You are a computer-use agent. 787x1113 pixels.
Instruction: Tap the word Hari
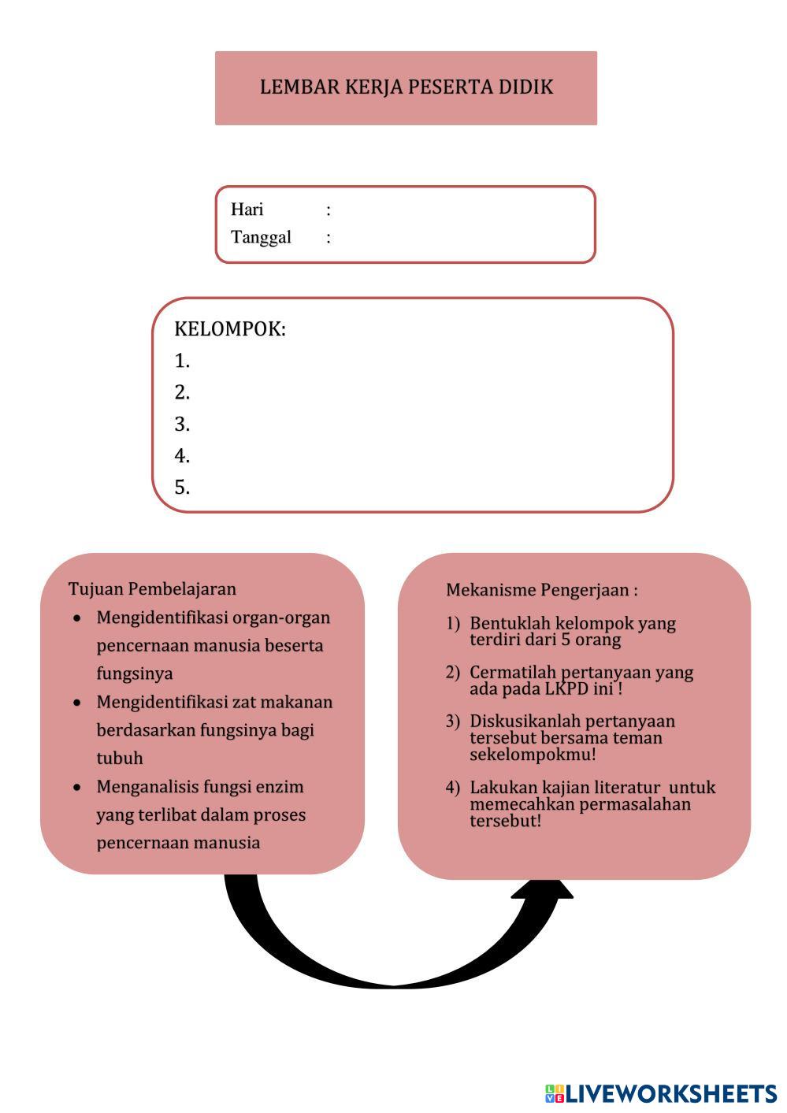coord(247,210)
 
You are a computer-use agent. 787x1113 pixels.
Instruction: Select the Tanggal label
coord(261,237)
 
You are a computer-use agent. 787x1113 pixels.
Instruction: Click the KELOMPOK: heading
coord(229,329)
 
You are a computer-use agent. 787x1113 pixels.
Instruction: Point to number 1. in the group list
coord(182,361)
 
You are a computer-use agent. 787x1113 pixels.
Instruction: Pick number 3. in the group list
coord(182,425)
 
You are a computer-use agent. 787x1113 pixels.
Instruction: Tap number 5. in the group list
coord(182,488)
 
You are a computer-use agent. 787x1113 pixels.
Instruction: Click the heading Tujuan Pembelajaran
coord(152,589)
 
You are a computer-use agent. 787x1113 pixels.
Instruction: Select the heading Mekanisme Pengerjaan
coord(541,590)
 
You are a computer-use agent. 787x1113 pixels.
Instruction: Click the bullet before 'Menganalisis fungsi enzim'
coord(77,787)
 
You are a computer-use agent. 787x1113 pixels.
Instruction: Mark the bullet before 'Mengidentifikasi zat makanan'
coord(77,702)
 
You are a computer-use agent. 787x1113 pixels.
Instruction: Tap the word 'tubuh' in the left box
coord(120,759)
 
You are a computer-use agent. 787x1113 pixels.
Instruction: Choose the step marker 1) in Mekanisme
coord(452,624)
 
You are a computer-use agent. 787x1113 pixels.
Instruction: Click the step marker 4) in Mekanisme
coord(452,788)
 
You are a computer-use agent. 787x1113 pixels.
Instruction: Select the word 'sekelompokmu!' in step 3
coord(533,755)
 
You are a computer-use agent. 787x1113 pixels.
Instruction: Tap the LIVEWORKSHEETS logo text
coord(670,1093)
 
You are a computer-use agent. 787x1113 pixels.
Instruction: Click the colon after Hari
coord(329,210)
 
